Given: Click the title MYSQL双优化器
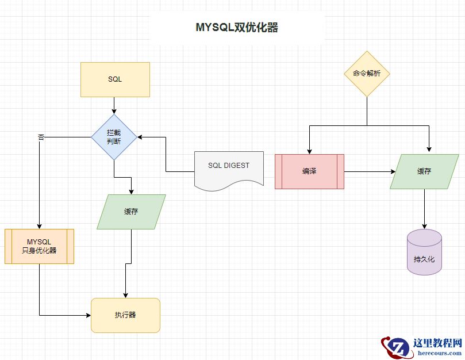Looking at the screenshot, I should (x=237, y=28).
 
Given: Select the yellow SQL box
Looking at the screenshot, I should (x=115, y=79).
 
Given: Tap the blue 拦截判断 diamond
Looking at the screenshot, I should (x=114, y=137).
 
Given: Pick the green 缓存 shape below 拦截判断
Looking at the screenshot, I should (x=131, y=212).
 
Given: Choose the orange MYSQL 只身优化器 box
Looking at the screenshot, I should (x=39, y=246).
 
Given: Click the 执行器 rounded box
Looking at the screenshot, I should (x=125, y=315).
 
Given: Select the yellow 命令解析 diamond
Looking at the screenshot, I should (x=367, y=74).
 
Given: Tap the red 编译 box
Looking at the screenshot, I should (x=309, y=171).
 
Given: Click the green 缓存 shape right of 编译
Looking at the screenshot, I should (x=424, y=171).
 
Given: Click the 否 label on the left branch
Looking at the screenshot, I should (x=41, y=137).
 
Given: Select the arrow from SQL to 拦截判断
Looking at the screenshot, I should (x=114, y=105).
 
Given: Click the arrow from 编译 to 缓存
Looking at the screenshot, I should (x=368, y=171).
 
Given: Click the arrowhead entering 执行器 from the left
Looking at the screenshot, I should (x=88, y=315).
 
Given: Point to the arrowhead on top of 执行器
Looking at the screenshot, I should (x=125, y=294).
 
